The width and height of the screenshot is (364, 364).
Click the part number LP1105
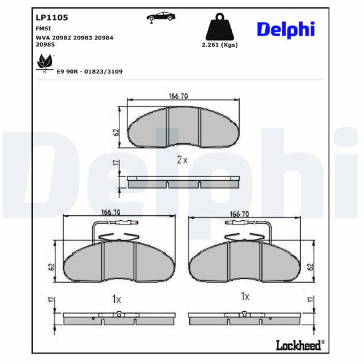[52, 18]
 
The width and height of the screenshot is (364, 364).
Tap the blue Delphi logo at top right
[286, 30]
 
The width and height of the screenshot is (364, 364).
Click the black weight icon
[220, 27]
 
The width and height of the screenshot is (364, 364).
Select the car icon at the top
[161, 17]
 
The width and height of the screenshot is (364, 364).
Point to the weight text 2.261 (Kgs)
[220, 45]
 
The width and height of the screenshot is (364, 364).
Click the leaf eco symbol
[45, 63]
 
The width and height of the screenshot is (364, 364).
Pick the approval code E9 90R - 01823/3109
[90, 72]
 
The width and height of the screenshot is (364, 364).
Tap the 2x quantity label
[182, 160]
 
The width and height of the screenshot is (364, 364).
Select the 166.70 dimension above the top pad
[178, 96]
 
